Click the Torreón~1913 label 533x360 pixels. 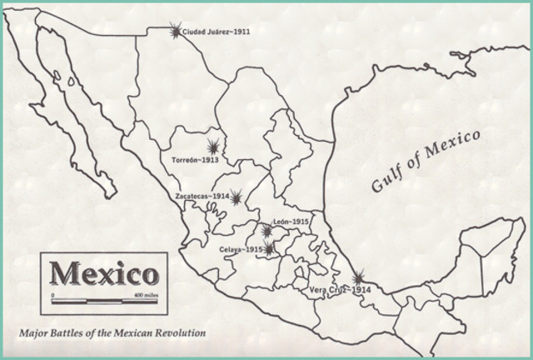(x=195, y=159)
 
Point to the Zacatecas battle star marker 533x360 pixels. (x=237, y=197)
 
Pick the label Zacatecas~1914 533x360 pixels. (x=202, y=197)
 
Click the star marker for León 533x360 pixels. (x=266, y=230)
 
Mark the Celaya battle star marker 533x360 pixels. (x=269, y=249)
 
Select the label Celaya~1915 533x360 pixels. (x=242, y=249)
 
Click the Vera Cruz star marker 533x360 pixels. (x=358, y=277)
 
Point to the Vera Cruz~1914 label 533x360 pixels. (x=340, y=289)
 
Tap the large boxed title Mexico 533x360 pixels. (x=104, y=273)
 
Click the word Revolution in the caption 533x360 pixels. (x=176, y=333)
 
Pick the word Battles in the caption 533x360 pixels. (x=69, y=333)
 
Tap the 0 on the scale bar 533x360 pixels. (x=52, y=297)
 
